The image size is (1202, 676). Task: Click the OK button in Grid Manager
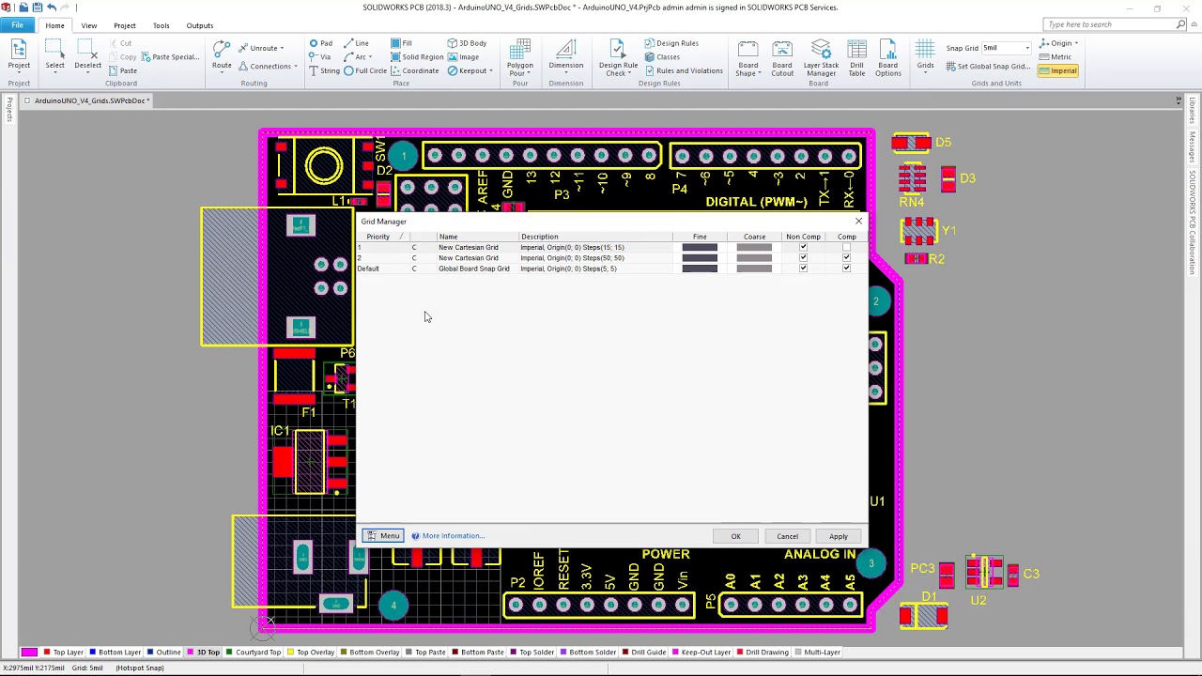click(735, 536)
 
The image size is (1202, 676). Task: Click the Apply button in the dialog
click(838, 536)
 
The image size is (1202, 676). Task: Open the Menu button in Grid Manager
click(383, 536)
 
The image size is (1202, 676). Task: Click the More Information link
click(453, 536)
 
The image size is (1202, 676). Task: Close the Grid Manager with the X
click(858, 222)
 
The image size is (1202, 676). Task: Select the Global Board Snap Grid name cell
click(473, 269)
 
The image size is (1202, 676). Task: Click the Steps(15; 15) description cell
click(572, 248)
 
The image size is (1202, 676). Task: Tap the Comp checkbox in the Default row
click(846, 269)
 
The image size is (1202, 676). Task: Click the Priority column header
click(378, 237)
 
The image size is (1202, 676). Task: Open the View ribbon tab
click(89, 25)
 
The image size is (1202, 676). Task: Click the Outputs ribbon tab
click(199, 25)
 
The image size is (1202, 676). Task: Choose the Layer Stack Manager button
click(821, 58)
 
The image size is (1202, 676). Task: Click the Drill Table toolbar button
click(856, 58)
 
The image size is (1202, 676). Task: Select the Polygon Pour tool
click(519, 58)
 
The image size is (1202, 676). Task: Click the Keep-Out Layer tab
click(705, 652)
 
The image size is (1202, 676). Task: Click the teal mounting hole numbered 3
click(871, 563)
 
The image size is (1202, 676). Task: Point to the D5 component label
click(943, 143)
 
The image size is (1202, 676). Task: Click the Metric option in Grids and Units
click(1060, 57)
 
